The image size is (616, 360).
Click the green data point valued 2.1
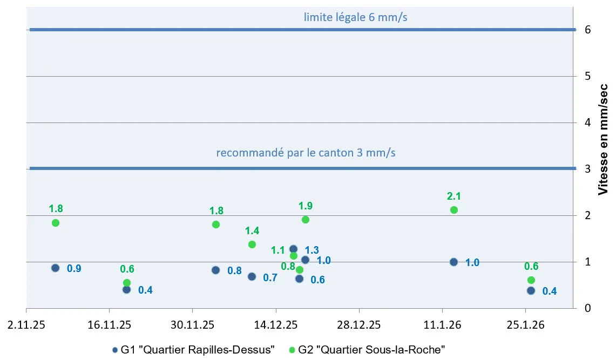click(x=453, y=210)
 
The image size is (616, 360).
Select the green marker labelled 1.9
click(x=305, y=220)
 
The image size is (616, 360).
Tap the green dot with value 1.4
click(x=252, y=244)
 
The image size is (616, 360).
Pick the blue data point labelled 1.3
click(x=293, y=249)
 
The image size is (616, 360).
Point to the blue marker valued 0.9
click(x=55, y=268)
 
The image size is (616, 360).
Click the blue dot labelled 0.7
click(x=252, y=276)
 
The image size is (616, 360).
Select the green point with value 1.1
click(x=294, y=256)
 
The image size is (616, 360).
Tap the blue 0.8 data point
click(x=215, y=270)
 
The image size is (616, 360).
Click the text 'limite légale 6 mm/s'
click(x=355, y=17)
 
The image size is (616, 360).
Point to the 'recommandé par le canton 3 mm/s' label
click(x=306, y=153)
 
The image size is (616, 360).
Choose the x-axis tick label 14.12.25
click(x=276, y=325)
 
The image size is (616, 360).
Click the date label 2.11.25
click(x=26, y=325)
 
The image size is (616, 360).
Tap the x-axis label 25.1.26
click(x=525, y=325)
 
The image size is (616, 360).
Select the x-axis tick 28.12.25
click(x=359, y=325)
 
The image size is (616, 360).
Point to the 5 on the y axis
click(x=587, y=76)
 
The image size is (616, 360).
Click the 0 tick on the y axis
click(x=587, y=308)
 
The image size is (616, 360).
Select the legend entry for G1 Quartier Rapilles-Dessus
click(x=194, y=349)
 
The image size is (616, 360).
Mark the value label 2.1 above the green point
click(x=453, y=196)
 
